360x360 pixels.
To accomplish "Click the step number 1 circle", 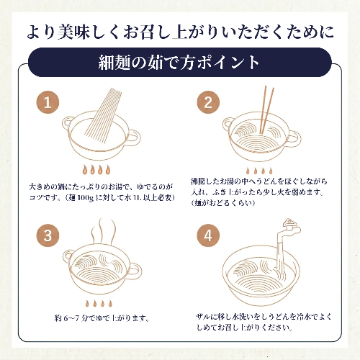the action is point(48,102).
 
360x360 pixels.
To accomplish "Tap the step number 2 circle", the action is point(208,102).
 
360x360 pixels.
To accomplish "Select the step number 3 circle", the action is point(48,235).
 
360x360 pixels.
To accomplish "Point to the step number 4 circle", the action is point(208,235).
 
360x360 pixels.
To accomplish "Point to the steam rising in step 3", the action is point(104,231).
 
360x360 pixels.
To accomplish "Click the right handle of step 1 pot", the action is point(133,138).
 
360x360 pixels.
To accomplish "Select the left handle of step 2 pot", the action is point(227,125).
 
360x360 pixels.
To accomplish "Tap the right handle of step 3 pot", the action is point(135,271).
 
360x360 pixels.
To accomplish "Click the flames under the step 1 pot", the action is point(96,169).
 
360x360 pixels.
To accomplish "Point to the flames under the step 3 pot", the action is point(99,303).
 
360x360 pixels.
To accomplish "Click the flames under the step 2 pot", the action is point(259,171).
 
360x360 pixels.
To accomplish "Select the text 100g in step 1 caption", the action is point(86,198).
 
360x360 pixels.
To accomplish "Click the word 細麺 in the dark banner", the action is point(114,63).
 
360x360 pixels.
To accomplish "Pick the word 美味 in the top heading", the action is point(74,32).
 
